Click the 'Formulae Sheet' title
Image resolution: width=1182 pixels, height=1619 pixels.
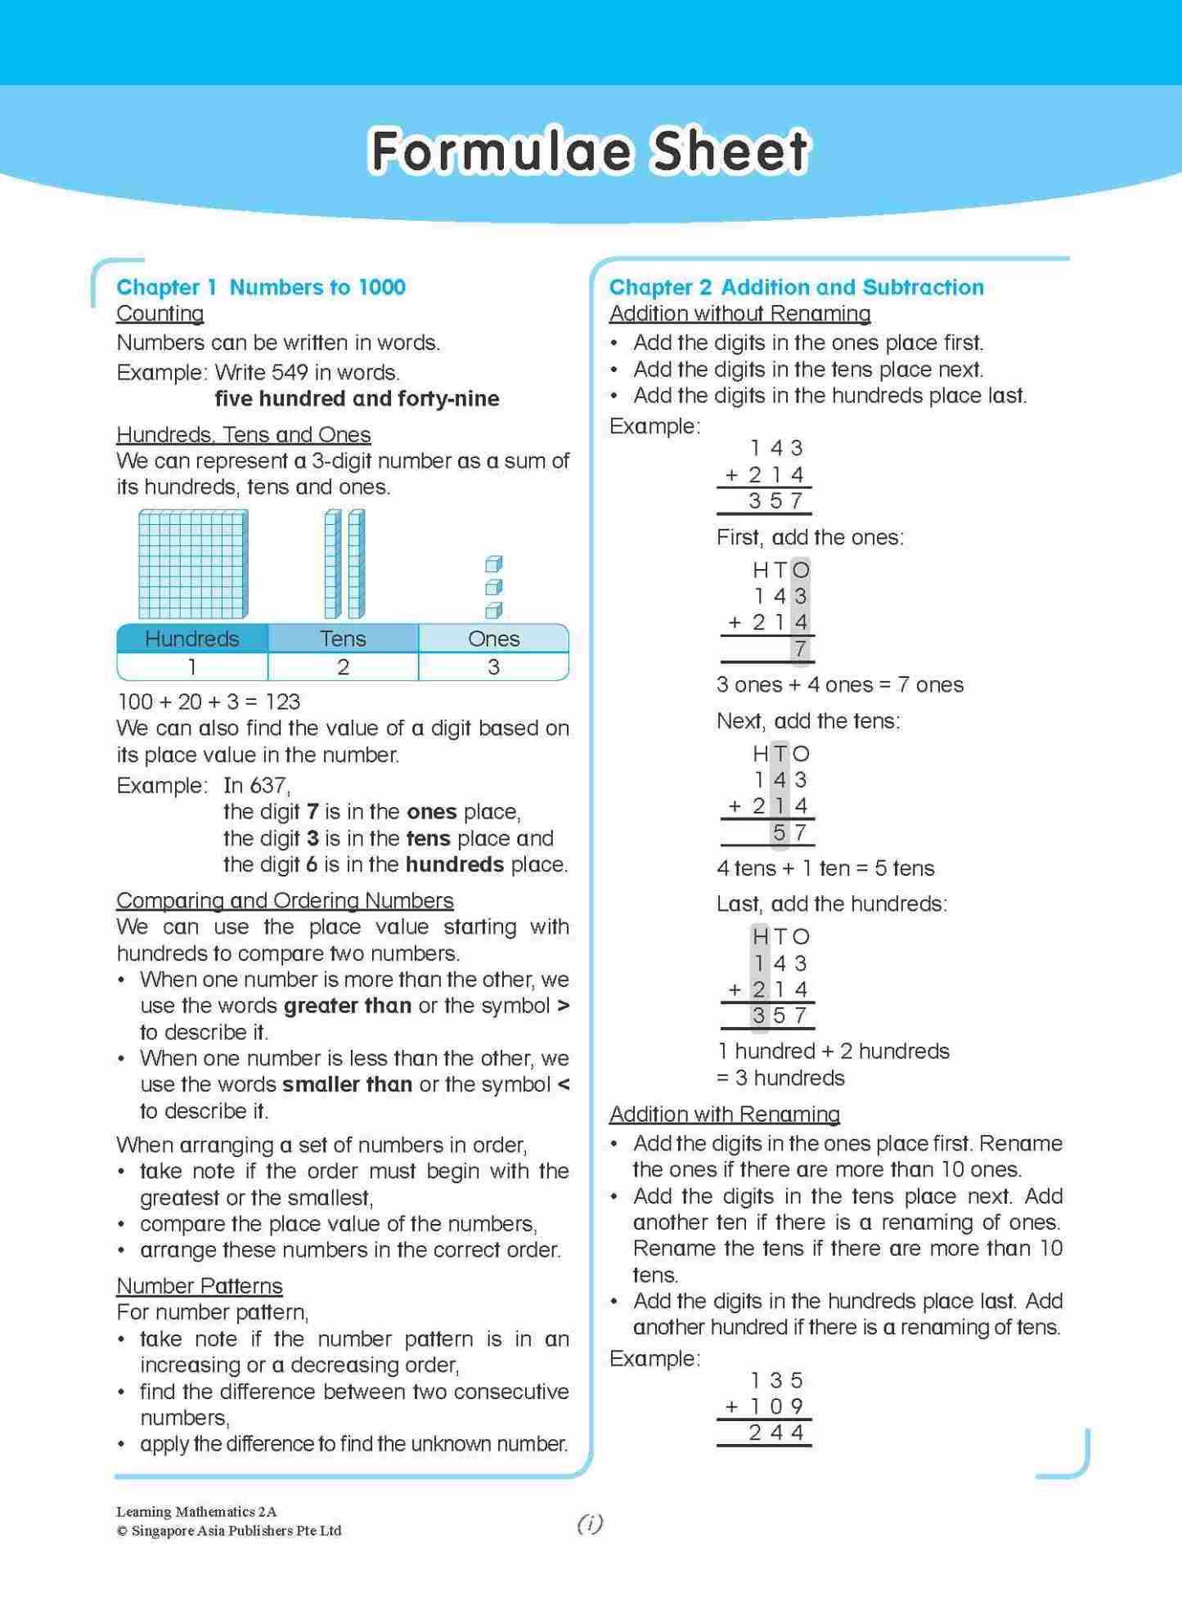589,151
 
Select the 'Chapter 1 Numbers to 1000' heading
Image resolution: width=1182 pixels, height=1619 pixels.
260,287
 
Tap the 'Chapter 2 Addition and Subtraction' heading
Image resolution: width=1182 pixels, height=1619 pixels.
796,287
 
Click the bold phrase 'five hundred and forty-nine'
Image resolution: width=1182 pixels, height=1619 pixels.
357,399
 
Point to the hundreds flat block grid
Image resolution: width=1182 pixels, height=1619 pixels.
193,564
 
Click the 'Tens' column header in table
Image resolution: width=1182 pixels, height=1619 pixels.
343,639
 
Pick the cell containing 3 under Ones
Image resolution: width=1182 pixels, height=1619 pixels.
493,667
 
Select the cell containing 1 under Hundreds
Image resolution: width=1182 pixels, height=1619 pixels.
192,667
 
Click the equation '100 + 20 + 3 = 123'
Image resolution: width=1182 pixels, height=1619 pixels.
209,702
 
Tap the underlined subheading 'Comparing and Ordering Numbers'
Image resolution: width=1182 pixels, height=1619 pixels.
285,900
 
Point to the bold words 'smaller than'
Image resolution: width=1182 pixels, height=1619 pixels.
347,1085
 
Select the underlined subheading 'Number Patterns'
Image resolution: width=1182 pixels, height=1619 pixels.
199,1286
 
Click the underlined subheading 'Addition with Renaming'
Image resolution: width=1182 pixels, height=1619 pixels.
724,1114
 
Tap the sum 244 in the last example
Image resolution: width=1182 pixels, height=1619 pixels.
775,1433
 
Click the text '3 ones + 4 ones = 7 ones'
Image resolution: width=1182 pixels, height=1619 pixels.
839,685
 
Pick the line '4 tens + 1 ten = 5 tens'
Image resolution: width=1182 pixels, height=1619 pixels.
825,868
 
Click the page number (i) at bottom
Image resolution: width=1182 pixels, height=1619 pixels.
590,1523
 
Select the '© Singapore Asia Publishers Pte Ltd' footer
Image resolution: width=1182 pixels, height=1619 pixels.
228,1531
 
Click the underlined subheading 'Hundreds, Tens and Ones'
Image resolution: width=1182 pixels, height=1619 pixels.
243,435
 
